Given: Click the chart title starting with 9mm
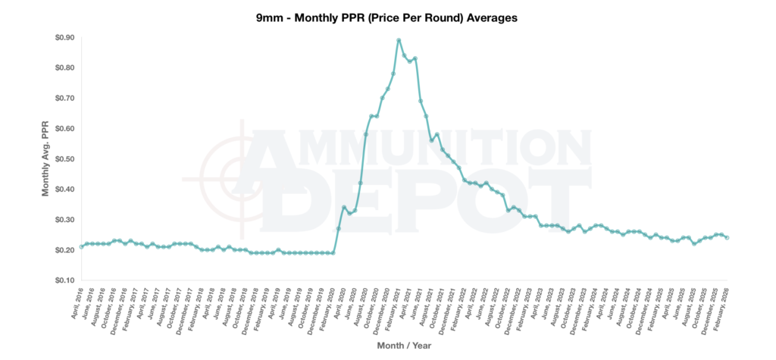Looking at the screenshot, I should point(386,17).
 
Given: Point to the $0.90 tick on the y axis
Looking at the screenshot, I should point(59,38).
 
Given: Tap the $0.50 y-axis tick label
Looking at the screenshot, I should point(59,159).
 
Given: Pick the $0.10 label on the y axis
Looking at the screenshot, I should point(59,280).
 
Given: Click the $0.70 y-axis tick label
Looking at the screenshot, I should point(59,99).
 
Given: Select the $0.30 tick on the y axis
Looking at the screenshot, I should point(59,220).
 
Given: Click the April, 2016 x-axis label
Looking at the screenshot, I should point(76,303).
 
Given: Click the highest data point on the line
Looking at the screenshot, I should point(399,40).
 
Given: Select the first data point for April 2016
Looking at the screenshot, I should point(81,246).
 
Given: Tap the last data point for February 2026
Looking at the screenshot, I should point(727,237).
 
